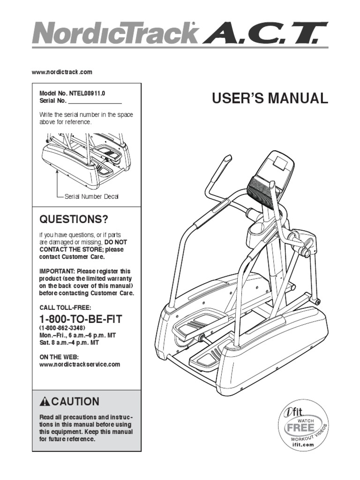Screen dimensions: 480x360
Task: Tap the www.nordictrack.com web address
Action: (62, 72)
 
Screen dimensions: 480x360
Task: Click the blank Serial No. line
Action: (95, 101)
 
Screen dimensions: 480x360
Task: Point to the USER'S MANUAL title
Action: (268, 98)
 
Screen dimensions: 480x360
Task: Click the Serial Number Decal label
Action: (91, 196)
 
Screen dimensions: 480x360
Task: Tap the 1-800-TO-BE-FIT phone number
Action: (81, 320)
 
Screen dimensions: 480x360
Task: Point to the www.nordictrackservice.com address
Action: (80, 364)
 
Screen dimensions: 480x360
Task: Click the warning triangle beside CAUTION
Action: (45, 402)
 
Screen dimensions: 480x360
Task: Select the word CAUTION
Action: (75, 402)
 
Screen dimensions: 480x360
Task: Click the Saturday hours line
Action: (69, 343)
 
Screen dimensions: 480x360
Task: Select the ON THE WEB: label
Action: (59, 357)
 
